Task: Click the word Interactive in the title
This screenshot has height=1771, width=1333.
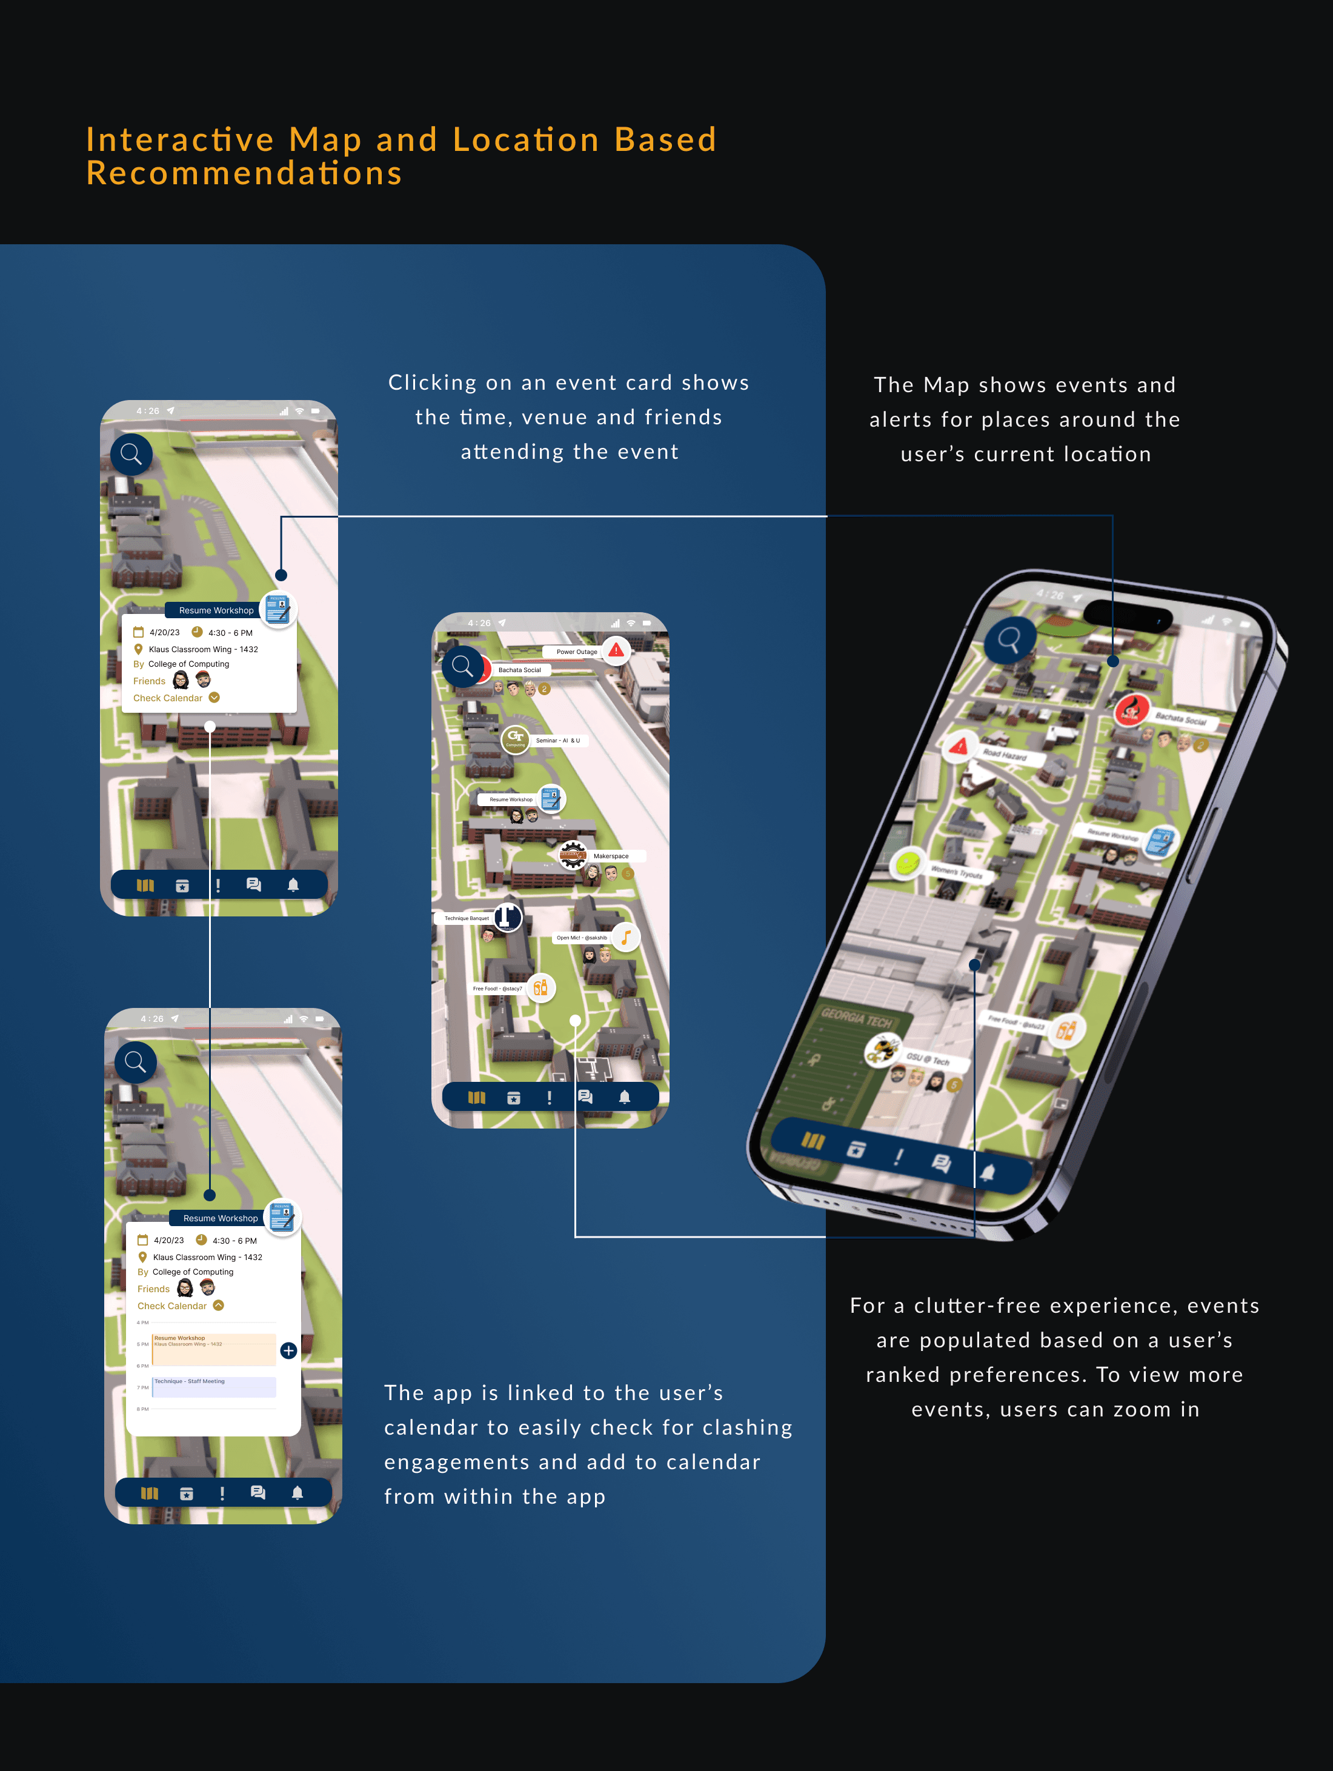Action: click(x=180, y=139)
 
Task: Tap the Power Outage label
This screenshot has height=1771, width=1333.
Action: click(x=576, y=652)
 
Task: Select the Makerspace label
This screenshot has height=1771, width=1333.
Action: click(x=611, y=856)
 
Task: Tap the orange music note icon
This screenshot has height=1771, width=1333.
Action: click(x=626, y=937)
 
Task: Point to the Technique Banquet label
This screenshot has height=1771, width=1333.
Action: click(x=467, y=918)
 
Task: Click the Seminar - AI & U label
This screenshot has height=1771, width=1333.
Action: click(x=558, y=741)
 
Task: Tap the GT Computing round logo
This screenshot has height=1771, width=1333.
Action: click(x=515, y=738)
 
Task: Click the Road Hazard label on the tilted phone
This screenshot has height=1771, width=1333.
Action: click(x=1005, y=754)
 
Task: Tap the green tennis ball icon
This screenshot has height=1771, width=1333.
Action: click(x=907, y=863)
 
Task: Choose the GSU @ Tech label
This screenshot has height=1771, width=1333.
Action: click(x=928, y=1059)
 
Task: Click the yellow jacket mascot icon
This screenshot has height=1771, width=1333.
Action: click(x=882, y=1048)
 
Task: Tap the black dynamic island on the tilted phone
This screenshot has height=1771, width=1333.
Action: click(x=1127, y=616)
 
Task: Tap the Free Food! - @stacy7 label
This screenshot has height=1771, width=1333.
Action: click(x=497, y=989)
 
